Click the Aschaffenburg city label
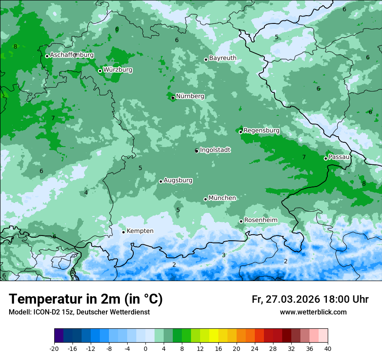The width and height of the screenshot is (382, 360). point(72,55)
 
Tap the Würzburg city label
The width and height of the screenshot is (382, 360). point(118,70)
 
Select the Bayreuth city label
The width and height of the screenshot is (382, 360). point(223,58)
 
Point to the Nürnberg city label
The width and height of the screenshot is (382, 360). point(190,96)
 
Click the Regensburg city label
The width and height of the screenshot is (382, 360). point(261,131)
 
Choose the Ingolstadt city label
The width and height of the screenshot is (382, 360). point(215,150)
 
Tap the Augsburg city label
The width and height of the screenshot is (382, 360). point(178,180)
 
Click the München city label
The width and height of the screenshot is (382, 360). point(222,198)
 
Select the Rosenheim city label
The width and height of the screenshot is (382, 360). point(260,220)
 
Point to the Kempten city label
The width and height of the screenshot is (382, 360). point(140,231)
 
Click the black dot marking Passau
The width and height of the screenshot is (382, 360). point(326,158)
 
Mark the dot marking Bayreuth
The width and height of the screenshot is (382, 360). point(206,59)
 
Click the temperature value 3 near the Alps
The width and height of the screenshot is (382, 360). point(224,255)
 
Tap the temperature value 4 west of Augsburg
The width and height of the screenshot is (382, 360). point(86,193)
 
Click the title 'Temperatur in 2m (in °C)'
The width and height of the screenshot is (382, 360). point(86,299)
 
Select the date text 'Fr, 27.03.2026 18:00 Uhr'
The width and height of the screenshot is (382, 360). point(310,299)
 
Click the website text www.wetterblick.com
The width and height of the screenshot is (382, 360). point(313,312)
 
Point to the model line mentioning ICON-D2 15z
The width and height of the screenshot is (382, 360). point(79,312)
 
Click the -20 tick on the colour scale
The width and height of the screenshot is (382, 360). point(54,348)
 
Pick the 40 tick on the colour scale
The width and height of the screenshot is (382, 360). point(327,348)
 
